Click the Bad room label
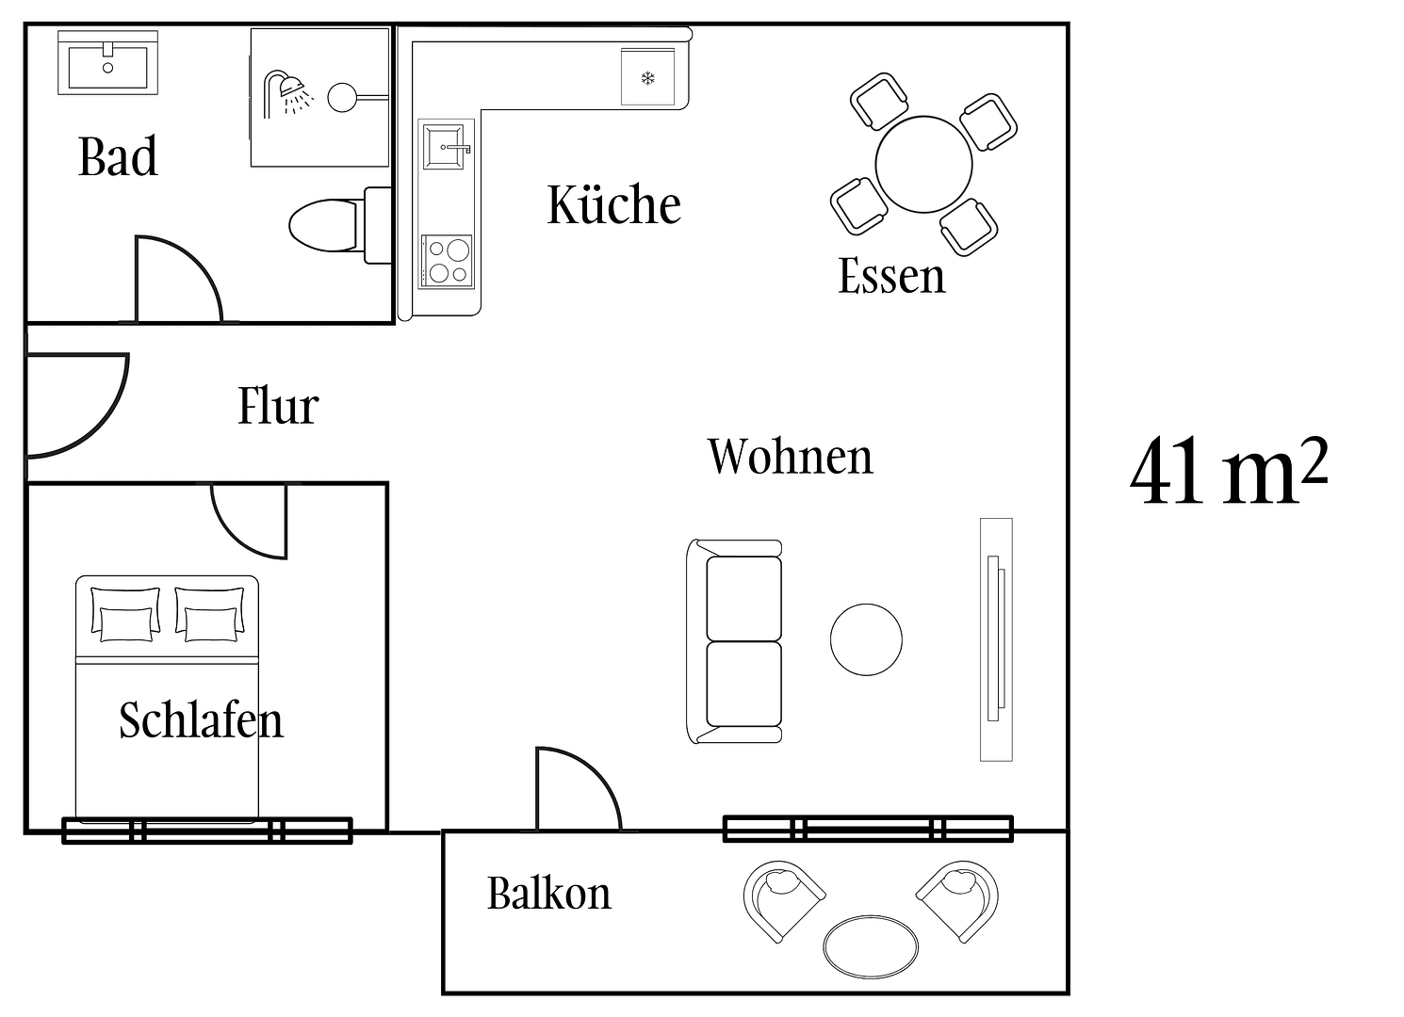(118, 156)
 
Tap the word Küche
(613, 204)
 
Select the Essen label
(890, 276)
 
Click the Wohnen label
(790, 457)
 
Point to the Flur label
(278, 406)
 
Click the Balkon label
(548, 893)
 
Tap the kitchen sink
(445, 147)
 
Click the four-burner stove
(447, 261)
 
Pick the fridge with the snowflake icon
(647, 77)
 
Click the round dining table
(923, 165)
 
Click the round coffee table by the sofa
(866, 640)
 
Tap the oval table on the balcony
(871, 946)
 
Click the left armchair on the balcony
(782, 898)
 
